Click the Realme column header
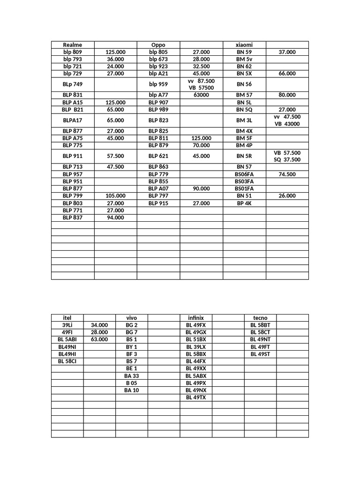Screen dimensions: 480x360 [x=72, y=45]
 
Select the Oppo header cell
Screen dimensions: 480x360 [x=158, y=45]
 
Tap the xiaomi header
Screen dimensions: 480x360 [x=244, y=45]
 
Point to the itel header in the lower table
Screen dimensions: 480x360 [x=67, y=318]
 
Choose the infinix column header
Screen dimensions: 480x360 [x=196, y=318]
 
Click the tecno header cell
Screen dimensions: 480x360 [x=260, y=318]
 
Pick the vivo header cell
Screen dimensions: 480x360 [x=132, y=318]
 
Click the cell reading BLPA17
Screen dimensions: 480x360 [x=72, y=120]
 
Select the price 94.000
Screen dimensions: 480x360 [x=115, y=217]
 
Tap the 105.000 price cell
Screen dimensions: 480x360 [x=115, y=196]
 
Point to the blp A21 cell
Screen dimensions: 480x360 [x=158, y=74]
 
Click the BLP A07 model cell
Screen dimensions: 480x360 [x=158, y=188]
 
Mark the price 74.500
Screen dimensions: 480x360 [x=287, y=174]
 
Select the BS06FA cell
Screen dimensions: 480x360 [x=244, y=174]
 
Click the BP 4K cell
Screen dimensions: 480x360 [x=244, y=203]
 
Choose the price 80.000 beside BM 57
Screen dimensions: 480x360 [x=287, y=95]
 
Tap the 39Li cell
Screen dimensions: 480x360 [x=67, y=325]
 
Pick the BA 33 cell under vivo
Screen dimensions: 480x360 [x=132, y=376]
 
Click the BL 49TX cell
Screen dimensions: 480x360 [x=196, y=397]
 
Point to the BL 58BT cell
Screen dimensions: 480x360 [x=260, y=325]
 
